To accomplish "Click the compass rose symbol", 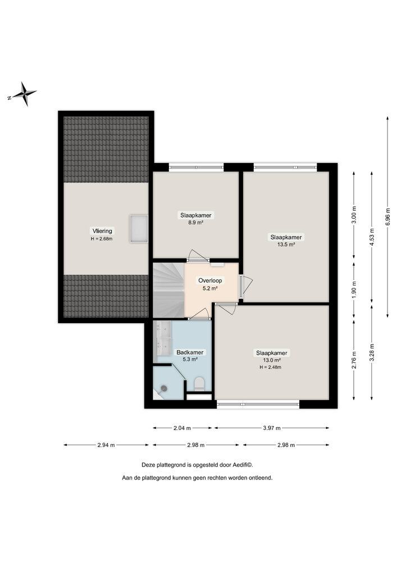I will (x=24, y=94).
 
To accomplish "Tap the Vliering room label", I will (x=102, y=230).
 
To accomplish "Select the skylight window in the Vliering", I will (x=138, y=228).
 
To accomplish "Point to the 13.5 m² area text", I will (x=286, y=244).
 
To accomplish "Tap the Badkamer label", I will (x=190, y=352).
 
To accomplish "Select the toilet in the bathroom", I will (x=198, y=384).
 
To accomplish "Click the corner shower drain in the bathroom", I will (x=165, y=388).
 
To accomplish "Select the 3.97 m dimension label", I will (x=271, y=428).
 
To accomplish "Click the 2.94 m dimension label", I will (x=106, y=445).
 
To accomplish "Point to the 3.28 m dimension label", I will (x=371, y=354).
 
